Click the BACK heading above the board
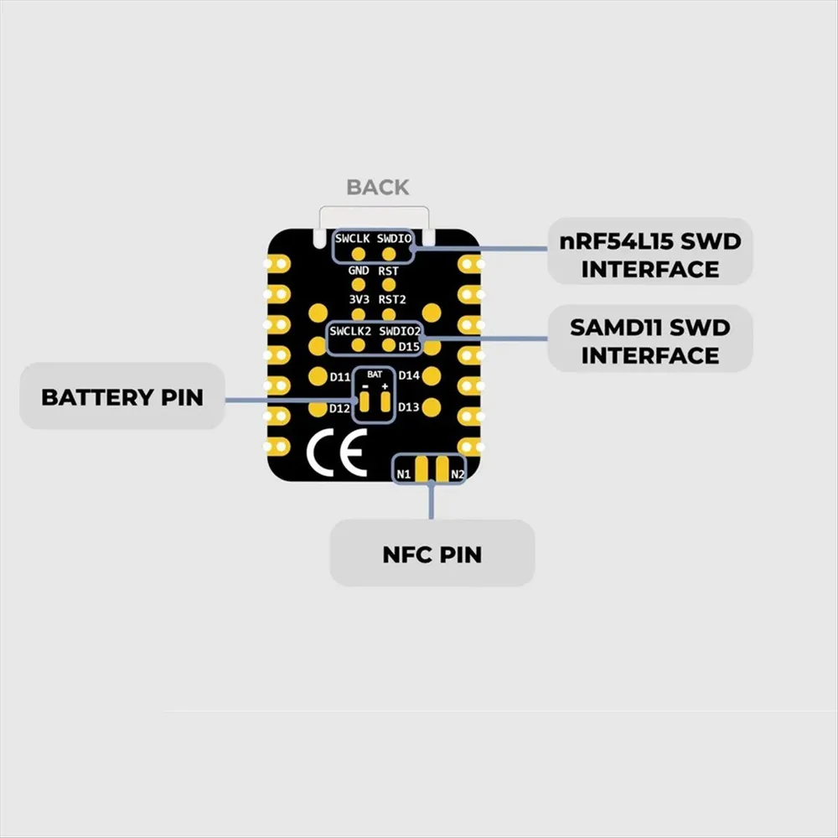(378, 187)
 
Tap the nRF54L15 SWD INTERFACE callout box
(650, 251)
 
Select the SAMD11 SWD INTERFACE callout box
(650, 339)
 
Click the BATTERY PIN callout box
(122, 396)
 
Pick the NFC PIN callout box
(432, 553)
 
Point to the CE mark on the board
(337, 453)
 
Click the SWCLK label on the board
(352, 238)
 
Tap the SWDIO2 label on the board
(400, 331)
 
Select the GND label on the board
(358, 271)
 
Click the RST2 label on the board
(391, 299)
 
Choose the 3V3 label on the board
(359, 299)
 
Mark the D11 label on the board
(340, 377)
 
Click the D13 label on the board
(408, 407)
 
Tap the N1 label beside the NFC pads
(404, 474)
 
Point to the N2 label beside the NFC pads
(458, 474)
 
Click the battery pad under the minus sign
(365, 402)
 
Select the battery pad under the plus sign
(385, 402)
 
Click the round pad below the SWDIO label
(389, 254)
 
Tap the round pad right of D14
(432, 376)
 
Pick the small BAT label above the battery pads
(375, 374)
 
